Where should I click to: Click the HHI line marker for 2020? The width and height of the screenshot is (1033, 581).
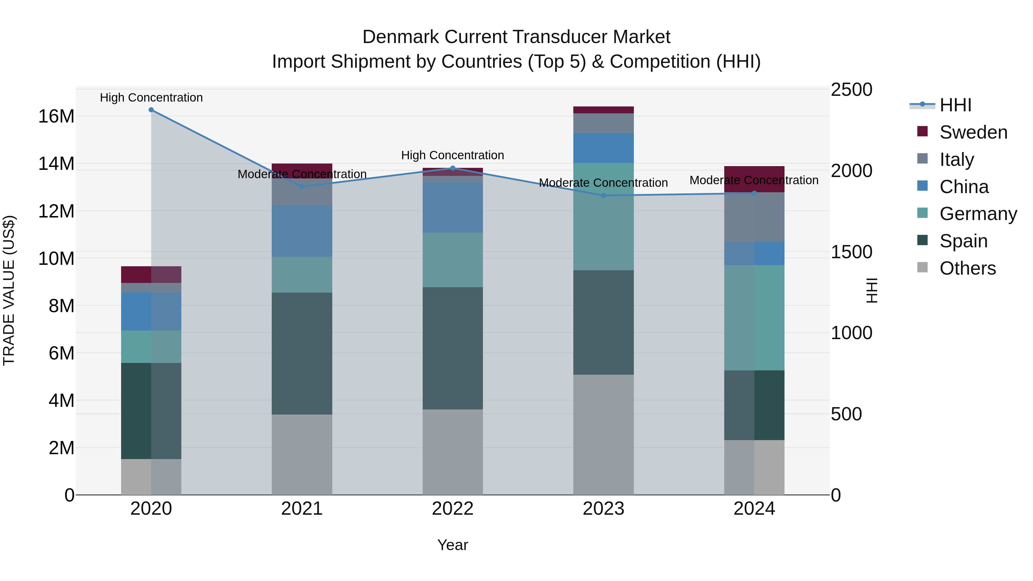point(151,110)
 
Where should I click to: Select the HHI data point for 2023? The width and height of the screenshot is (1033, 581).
point(603,196)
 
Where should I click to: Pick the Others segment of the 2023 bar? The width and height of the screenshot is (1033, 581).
point(603,435)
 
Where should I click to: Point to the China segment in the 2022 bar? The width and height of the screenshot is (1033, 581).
point(453,207)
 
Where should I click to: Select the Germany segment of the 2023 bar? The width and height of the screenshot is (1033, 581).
point(603,217)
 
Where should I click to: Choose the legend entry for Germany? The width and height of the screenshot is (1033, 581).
point(978,214)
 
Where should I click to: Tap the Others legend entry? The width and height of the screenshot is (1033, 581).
point(967,268)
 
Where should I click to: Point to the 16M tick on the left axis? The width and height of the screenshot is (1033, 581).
point(56,117)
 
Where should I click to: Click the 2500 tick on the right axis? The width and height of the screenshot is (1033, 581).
point(851,90)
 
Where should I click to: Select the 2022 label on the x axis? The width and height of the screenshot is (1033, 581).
point(453,509)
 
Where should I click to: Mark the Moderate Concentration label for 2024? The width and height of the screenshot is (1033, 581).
point(754,180)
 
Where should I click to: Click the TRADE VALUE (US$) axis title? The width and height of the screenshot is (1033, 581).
point(9,290)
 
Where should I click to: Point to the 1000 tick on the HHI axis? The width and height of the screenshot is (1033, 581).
point(851,333)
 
